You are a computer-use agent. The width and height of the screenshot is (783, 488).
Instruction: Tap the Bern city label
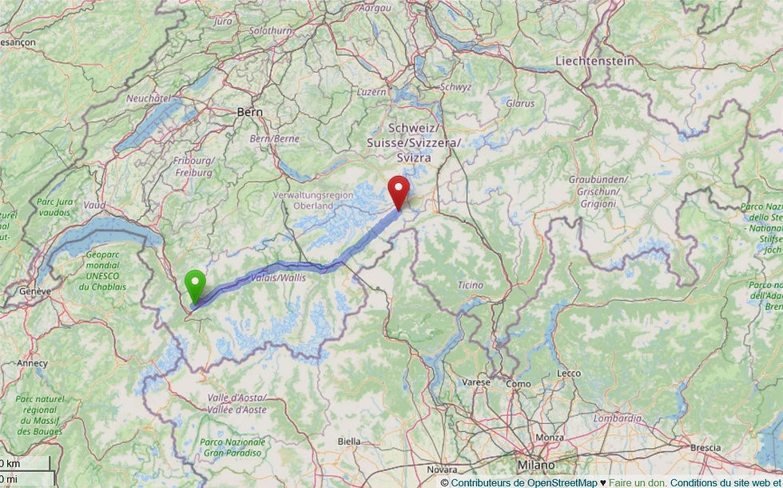(x=249, y=113)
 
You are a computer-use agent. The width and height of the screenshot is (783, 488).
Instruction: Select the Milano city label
(x=535, y=465)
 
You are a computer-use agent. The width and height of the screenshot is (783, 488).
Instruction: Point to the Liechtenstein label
(x=594, y=61)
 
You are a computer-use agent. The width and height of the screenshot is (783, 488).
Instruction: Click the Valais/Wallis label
(x=279, y=278)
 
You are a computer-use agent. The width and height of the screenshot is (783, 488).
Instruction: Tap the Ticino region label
(x=470, y=285)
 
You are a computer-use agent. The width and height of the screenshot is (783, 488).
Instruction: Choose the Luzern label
(x=372, y=92)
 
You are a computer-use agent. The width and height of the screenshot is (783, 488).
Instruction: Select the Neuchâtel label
(x=149, y=98)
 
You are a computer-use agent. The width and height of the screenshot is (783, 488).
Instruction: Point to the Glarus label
(x=519, y=103)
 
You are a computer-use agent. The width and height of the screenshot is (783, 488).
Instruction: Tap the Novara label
(x=442, y=469)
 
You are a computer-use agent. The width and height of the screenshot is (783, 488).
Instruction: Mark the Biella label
(x=348, y=441)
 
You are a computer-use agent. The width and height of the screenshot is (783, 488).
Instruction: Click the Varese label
(x=476, y=382)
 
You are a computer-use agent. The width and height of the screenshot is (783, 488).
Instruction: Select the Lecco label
(x=569, y=374)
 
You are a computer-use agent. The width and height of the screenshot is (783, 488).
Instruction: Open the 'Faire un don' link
(x=637, y=482)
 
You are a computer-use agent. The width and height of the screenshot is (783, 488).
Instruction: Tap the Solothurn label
(x=270, y=30)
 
